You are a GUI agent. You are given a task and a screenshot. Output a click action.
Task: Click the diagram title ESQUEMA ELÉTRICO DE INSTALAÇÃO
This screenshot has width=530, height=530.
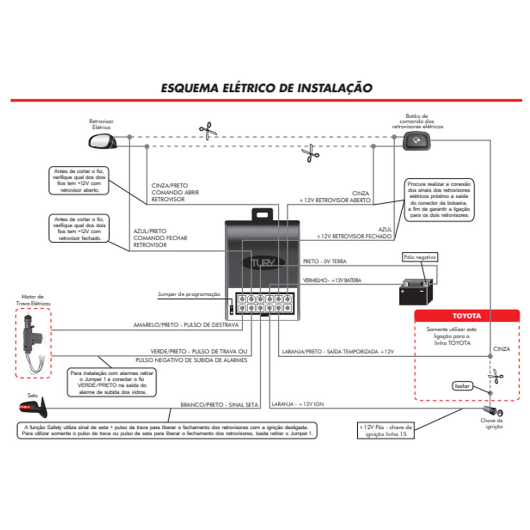(x=267, y=87)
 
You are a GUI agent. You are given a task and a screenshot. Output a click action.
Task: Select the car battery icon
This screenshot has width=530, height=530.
(x=417, y=292)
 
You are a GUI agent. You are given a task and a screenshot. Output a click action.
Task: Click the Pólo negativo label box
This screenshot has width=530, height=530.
(x=420, y=257)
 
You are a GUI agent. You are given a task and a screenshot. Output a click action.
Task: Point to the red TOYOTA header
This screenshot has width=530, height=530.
(x=466, y=316)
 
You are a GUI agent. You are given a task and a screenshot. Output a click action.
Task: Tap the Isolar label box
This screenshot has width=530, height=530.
(x=461, y=386)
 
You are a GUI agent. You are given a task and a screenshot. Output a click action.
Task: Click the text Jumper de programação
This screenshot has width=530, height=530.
(x=189, y=294)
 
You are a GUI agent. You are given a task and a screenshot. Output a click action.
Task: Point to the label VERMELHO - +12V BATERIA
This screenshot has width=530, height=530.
(x=332, y=280)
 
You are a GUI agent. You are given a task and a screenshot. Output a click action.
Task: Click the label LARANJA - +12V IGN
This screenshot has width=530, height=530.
(x=297, y=404)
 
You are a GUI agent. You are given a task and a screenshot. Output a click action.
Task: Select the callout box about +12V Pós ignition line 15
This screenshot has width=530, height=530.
(x=385, y=430)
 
